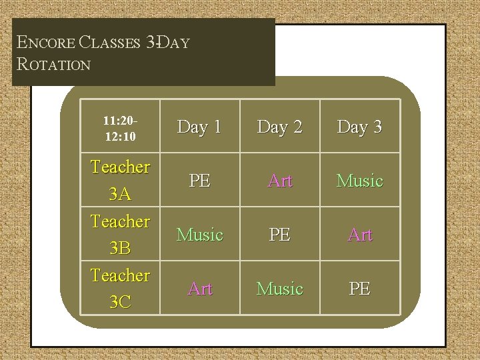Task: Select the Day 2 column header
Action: pos(281,127)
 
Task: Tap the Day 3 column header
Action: pos(360,127)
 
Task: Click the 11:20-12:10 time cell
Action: pos(121,127)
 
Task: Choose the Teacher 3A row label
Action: pos(121,180)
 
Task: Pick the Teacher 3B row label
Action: pos(121,234)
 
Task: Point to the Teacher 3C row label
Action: pos(121,288)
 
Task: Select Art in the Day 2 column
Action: pos(281,181)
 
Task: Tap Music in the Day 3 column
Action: pos(360,181)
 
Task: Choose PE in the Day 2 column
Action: pos(281,235)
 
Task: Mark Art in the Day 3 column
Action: pos(360,235)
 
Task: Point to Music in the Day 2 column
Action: pos(281,289)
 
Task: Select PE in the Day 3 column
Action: pos(360,289)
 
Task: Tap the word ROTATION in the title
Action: pos(55,65)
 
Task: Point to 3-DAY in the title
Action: pos(167,44)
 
